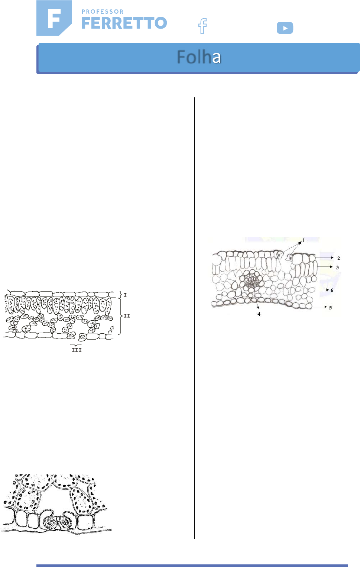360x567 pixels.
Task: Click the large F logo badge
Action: coord(54,18)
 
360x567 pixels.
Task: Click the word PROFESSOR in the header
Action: coord(103,12)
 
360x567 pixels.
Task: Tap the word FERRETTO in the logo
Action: coord(124,23)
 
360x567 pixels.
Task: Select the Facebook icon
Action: coord(202,26)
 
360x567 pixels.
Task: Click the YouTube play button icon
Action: coord(285,28)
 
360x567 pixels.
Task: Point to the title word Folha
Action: coord(199,57)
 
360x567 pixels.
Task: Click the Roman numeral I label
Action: coord(125,295)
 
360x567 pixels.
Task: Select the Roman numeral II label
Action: coord(127,316)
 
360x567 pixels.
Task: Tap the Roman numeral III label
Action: coord(77,350)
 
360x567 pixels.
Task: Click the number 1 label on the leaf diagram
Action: coord(304,240)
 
